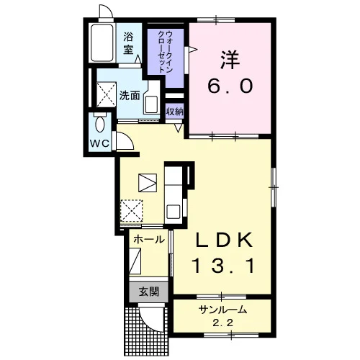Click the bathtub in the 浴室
coord(102,42)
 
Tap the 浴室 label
coord(128,43)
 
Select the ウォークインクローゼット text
coord(165,51)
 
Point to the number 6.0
coord(230,86)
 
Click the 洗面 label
coord(130,96)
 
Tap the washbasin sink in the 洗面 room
coord(151,104)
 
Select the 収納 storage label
coord(175,112)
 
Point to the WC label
coord(99,143)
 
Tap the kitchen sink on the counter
coord(174,211)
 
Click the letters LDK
coord(225,240)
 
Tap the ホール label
coord(149,240)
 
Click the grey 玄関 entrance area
coord(148,292)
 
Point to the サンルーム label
coord(222,310)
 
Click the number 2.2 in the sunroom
coord(223,323)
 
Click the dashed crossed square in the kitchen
coord(132,211)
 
